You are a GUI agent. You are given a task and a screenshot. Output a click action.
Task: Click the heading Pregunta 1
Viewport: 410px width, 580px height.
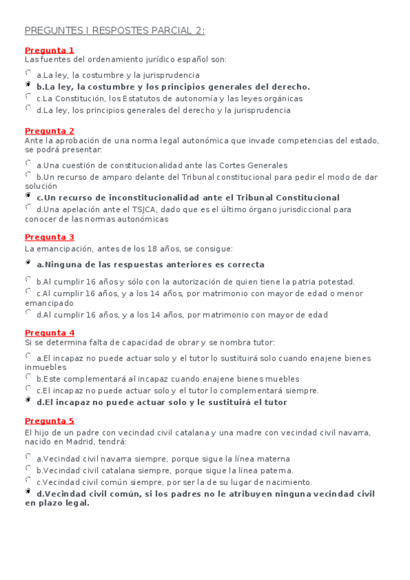tap(49, 51)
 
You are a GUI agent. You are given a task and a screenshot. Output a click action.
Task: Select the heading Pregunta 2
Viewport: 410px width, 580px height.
tap(49, 131)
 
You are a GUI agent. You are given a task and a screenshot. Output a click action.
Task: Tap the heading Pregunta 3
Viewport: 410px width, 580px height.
tap(49, 237)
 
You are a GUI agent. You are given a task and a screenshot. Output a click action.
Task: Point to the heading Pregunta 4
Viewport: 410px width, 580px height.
tap(49, 333)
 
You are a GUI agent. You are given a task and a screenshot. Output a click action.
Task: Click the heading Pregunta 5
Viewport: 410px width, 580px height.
tap(49, 421)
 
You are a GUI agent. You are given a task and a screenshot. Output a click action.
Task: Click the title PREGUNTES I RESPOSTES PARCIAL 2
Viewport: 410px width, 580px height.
tap(115, 31)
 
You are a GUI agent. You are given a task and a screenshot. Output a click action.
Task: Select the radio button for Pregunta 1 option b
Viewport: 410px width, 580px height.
tap(28, 84)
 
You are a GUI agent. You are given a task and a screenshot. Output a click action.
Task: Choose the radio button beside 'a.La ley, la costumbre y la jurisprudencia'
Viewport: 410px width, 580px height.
tap(28, 72)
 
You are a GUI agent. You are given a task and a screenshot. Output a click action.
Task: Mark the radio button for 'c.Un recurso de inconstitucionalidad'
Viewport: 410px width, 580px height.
tap(28, 196)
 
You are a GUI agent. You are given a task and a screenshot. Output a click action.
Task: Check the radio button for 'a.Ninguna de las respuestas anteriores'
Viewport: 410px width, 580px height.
tap(28, 262)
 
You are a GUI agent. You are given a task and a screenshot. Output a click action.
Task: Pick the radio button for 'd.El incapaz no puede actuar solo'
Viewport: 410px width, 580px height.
tap(28, 399)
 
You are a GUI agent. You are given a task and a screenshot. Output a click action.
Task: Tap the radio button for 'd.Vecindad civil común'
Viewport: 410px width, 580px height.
tap(28, 491)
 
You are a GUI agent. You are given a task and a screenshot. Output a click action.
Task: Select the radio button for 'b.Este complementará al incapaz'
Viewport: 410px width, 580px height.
tap(28, 376)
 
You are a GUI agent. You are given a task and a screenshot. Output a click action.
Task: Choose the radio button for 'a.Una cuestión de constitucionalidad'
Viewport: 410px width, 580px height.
tap(28, 163)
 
